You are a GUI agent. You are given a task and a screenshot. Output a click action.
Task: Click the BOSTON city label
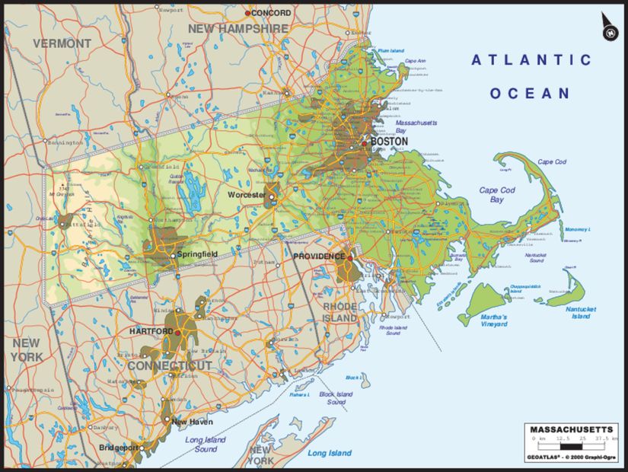(389, 142)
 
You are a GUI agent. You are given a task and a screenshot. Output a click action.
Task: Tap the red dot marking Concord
(247, 14)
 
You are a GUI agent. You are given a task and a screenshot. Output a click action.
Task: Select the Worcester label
(247, 196)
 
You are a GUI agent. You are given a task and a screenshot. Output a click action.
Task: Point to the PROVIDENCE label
(319, 257)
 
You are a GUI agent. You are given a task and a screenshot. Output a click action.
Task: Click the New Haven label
(192, 422)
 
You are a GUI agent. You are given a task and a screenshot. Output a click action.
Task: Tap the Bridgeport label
(119, 448)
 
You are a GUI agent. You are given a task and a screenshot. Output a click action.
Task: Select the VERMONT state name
(62, 43)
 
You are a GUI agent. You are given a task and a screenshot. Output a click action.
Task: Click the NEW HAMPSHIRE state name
(238, 28)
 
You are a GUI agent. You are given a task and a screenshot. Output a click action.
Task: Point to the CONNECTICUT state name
(169, 366)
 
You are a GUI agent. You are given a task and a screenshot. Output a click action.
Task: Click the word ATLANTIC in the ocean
(531, 60)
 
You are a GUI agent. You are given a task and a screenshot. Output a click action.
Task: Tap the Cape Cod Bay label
(496, 195)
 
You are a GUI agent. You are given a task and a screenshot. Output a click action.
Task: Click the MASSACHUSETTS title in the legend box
(571, 429)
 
